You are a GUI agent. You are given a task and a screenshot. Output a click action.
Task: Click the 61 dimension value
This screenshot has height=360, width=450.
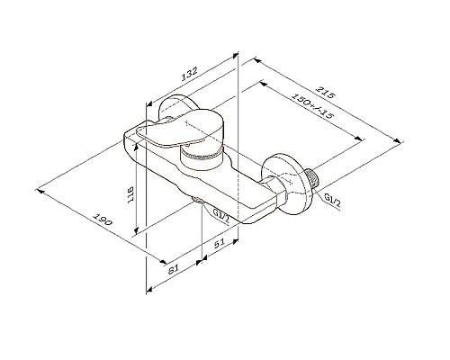click(x=175, y=266)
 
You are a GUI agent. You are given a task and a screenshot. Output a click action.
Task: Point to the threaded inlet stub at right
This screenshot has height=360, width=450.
click(x=316, y=180)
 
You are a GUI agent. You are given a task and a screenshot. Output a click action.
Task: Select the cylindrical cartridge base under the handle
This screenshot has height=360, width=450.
click(x=200, y=163)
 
